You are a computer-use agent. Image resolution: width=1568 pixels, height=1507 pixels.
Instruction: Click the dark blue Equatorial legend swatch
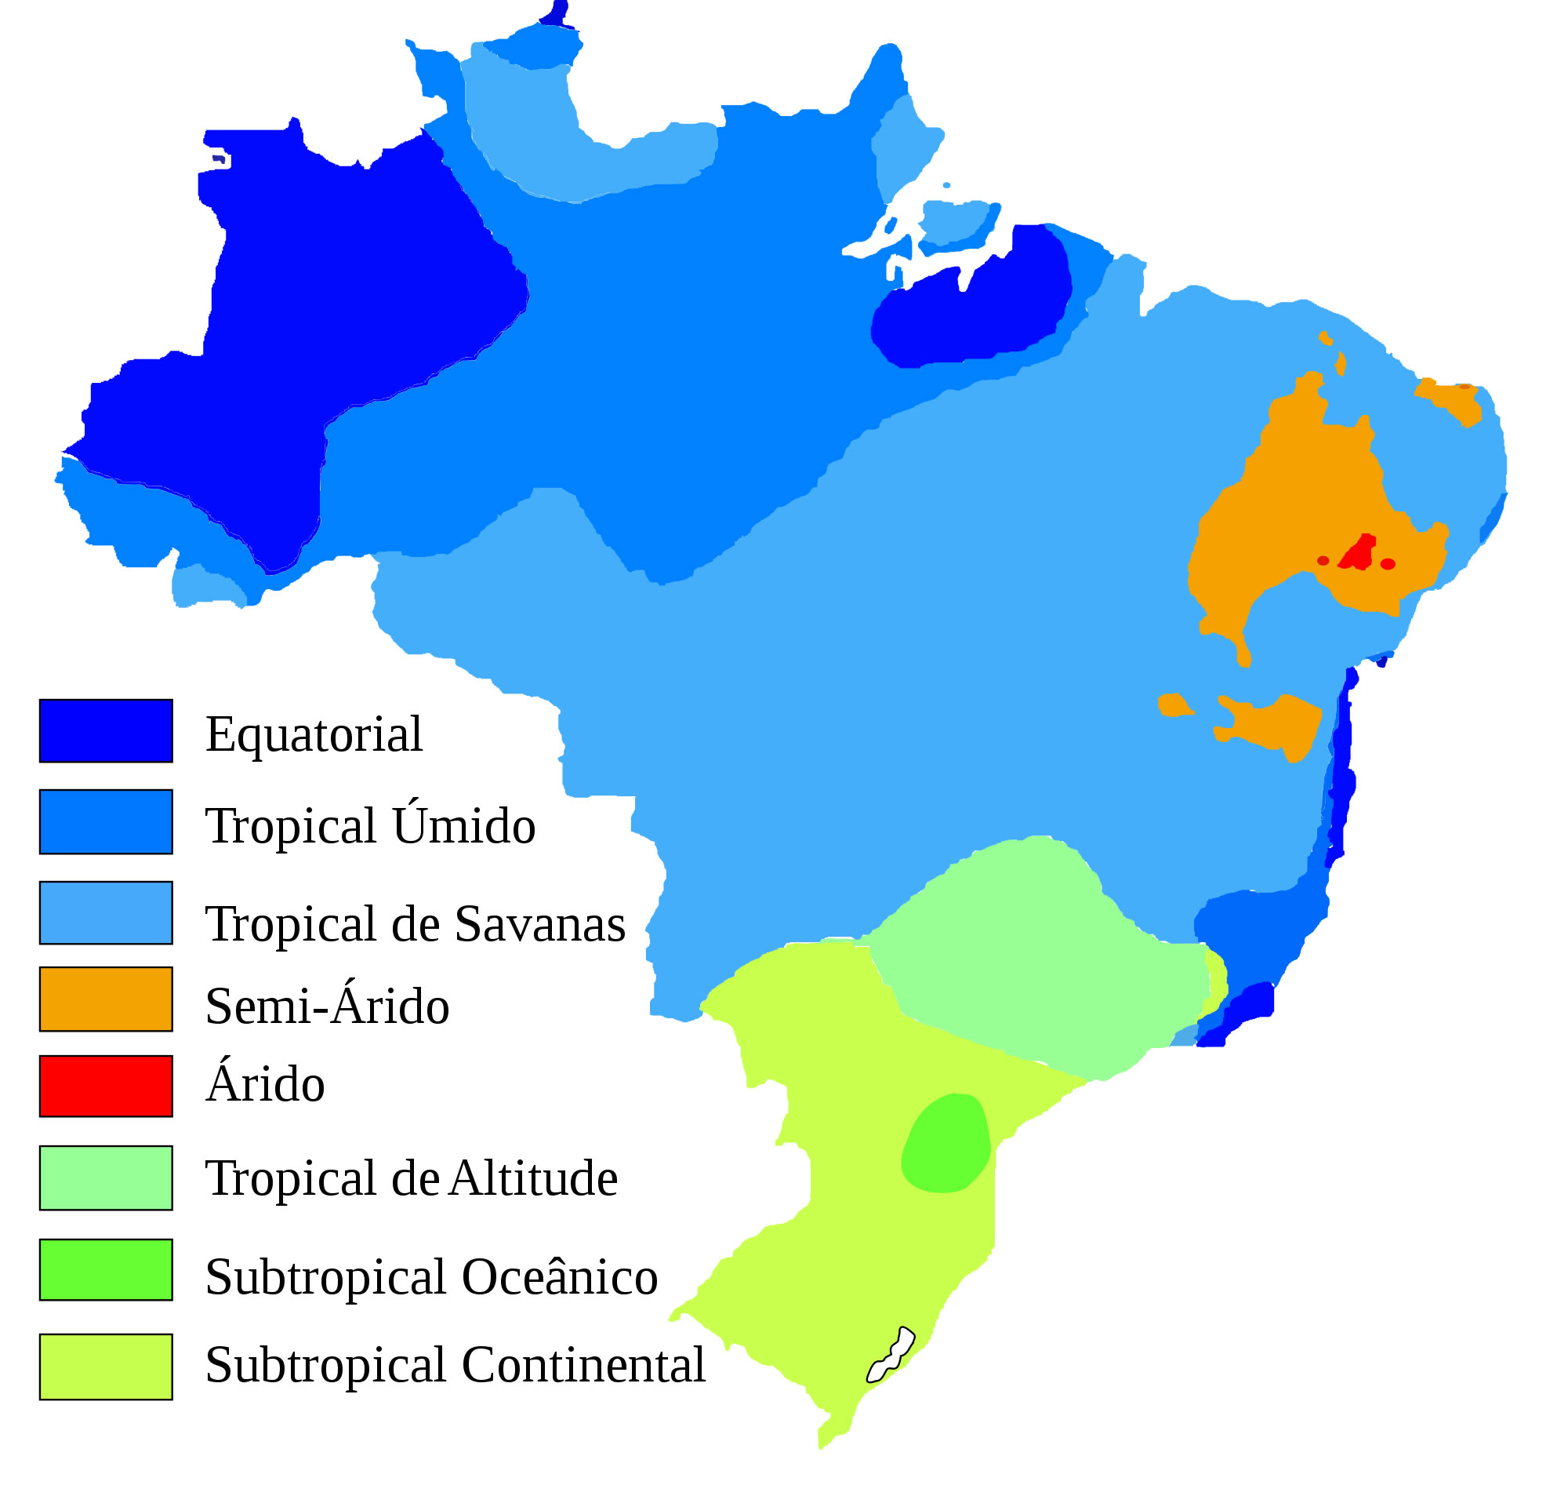(106, 730)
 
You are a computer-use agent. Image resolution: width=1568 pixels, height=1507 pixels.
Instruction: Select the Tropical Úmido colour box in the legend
(106, 822)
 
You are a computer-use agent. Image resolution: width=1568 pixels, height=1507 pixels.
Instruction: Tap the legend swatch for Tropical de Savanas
(106, 913)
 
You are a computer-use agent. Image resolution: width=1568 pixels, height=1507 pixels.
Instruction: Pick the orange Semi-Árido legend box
(106, 999)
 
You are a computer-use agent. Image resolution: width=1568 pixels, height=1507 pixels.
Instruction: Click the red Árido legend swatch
(106, 1086)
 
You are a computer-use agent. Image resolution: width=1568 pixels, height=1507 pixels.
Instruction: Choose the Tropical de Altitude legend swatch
(106, 1178)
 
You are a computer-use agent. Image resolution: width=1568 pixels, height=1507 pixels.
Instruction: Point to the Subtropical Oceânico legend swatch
(106, 1269)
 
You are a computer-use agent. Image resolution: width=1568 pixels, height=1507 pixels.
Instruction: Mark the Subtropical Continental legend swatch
(106, 1366)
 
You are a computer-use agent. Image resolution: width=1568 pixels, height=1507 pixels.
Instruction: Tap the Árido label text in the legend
(265, 1084)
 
